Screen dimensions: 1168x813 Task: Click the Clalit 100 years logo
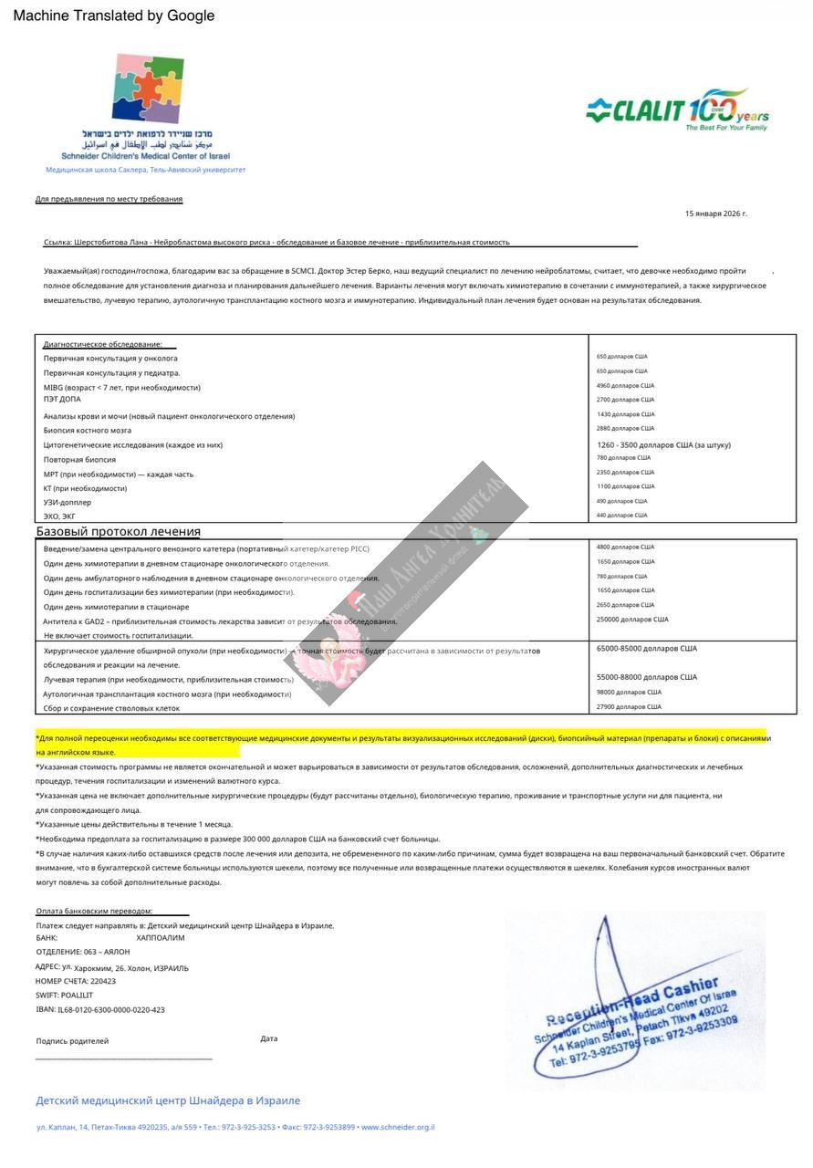(677, 111)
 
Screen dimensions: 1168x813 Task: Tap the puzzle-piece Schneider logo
(147, 89)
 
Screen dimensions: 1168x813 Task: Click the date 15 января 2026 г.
(715, 214)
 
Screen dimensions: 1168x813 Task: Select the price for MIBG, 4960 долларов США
(625, 385)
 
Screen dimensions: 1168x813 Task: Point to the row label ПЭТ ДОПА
(62, 399)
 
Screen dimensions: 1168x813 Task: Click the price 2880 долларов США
(625, 428)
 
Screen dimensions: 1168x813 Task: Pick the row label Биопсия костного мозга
(88, 430)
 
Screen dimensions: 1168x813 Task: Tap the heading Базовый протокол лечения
(119, 531)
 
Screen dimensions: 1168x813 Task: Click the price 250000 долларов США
(632, 620)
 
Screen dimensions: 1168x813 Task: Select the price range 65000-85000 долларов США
(646, 648)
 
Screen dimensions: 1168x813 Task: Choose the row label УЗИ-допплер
(68, 502)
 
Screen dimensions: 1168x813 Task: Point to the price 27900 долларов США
(629, 706)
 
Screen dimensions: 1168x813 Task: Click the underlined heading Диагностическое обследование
(103, 344)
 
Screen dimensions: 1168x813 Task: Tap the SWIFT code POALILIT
(78, 995)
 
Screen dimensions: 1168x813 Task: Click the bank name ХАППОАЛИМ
(161, 937)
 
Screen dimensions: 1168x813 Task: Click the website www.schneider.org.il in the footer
(398, 1127)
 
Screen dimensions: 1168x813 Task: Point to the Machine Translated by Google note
(114, 16)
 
